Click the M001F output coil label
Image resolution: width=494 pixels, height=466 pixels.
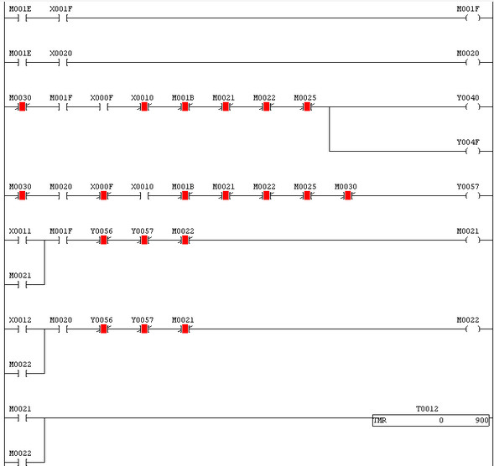pos(468,9)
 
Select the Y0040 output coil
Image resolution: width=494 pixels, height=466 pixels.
pos(472,107)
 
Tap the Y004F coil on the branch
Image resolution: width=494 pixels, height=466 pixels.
pos(472,152)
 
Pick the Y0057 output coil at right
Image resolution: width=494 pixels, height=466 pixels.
pos(472,196)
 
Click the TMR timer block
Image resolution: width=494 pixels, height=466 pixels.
pos(430,421)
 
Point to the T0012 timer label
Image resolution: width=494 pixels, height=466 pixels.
pos(427,409)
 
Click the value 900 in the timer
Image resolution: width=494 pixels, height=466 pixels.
pos(481,421)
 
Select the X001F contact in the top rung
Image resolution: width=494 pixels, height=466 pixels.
pos(63,18)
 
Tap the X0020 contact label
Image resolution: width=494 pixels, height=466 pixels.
pos(60,54)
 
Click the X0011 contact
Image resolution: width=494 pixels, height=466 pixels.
pos(23,241)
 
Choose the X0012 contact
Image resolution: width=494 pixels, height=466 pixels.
pos(23,329)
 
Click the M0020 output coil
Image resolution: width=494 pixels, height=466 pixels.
pos(472,63)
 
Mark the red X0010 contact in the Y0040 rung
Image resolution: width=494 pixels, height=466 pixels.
pos(144,107)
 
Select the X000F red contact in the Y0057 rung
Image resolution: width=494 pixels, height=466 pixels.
pos(104,196)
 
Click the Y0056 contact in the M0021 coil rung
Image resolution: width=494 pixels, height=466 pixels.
pos(104,241)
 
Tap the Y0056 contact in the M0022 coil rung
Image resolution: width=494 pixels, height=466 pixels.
pos(104,329)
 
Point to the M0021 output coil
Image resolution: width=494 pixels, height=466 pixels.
pos(472,241)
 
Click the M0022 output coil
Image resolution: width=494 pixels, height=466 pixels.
pos(472,329)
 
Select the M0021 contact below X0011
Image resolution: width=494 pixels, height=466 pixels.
pos(23,285)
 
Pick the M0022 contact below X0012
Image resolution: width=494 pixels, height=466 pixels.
pos(23,374)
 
